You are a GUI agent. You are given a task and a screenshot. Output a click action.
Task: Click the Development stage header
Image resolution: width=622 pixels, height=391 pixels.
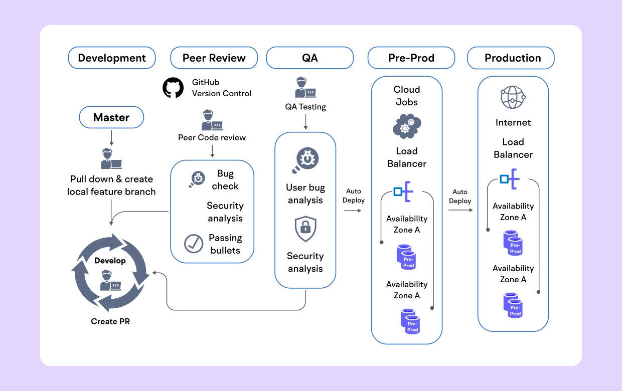coord(112,58)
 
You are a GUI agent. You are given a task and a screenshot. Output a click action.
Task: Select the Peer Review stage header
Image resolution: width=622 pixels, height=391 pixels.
coord(214,58)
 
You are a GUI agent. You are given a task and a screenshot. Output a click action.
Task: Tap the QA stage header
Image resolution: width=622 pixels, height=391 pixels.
coord(309,58)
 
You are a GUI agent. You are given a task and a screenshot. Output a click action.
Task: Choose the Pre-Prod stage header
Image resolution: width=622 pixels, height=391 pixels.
coord(411,58)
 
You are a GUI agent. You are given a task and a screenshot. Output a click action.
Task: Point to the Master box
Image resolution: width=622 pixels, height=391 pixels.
coord(111,118)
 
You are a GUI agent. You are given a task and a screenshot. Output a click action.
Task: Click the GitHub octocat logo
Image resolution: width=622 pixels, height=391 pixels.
coord(174,88)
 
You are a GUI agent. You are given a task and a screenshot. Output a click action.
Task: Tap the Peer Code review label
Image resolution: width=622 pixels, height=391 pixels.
coord(212,137)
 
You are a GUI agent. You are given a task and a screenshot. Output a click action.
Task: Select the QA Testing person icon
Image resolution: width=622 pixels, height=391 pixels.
coord(305,88)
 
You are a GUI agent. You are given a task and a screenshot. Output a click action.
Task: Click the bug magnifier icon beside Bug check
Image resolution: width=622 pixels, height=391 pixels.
coord(197,179)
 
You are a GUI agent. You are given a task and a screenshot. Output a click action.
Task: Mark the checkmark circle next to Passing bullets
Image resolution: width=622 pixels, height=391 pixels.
coord(194,244)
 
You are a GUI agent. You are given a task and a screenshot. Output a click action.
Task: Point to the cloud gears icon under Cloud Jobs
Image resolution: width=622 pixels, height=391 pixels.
coord(406,126)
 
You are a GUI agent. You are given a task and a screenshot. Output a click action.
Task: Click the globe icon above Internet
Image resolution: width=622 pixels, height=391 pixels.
coord(513,97)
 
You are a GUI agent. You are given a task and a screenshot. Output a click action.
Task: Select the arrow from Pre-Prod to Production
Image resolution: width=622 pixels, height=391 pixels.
coord(460,211)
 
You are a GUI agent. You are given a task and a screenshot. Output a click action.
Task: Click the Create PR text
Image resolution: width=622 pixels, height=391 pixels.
coord(110,321)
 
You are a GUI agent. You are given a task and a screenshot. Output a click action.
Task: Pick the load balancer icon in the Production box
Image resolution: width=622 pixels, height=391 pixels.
coord(510,179)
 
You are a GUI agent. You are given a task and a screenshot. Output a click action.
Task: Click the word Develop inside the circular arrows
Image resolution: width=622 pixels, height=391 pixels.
coord(110,261)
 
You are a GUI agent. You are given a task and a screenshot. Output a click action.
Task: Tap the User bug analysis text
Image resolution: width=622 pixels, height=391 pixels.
coord(305,194)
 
